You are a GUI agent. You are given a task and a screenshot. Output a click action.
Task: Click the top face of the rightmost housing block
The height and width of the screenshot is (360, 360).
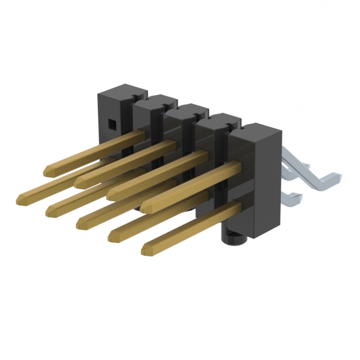click(x=254, y=132)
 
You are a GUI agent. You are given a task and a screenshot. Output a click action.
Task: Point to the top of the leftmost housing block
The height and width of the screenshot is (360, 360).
click(x=123, y=90)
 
